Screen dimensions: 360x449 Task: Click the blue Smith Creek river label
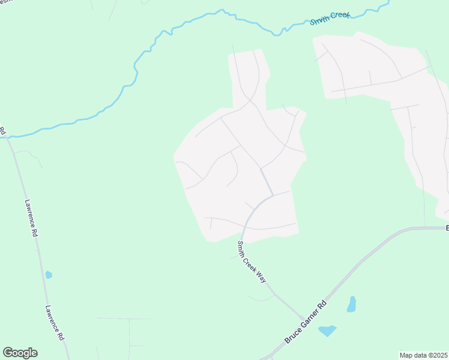[x=330, y=17]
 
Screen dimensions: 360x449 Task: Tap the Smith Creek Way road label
[x=251, y=262]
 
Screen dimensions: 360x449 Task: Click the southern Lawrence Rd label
[x=55, y=323]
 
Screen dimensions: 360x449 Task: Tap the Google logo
[x=20, y=353]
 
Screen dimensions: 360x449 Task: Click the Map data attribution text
[x=423, y=355]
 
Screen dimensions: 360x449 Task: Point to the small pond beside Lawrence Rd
[x=49, y=275]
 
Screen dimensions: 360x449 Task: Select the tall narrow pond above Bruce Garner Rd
[x=351, y=304]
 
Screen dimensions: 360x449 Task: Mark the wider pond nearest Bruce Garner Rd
[x=327, y=331]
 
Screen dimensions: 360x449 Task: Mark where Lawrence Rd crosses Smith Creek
[x=7, y=137]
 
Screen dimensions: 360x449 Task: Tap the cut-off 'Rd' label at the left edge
[x=2, y=130]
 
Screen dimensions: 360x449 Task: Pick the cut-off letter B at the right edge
[x=447, y=228]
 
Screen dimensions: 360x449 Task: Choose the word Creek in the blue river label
[x=339, y=15]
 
